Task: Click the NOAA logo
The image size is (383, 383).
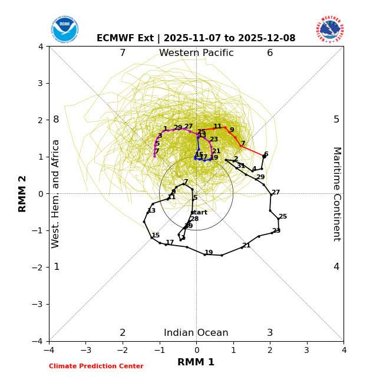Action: coord(64,29)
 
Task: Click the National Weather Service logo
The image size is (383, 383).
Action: coord(330,29)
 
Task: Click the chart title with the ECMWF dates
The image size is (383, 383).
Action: coord(196,38)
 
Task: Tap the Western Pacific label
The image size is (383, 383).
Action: coord(196,53)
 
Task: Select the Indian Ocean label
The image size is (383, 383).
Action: coord(196,333)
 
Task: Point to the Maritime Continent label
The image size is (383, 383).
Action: coord(336,193)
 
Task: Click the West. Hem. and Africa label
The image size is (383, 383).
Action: coord(56,193)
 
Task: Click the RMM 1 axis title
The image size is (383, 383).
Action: coord(196,362)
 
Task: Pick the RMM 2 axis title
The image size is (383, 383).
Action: coord(23,193)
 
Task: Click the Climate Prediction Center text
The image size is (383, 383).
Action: coord(96,367)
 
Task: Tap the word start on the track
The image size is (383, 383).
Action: coord(199,213)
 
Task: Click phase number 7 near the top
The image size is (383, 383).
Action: coord(123,53)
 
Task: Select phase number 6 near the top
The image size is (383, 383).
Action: coord(270,53)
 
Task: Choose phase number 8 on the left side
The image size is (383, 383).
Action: coord(56,120)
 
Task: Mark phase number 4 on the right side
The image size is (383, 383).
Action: coord(336,267)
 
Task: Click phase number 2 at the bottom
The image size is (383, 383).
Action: coord(123,333)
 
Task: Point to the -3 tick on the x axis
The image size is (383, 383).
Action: coord(85,350)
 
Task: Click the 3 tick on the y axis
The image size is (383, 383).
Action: coord(41,83)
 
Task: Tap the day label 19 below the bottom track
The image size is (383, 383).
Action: coord(209,253)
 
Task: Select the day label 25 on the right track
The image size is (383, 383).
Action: coord(283,217)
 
